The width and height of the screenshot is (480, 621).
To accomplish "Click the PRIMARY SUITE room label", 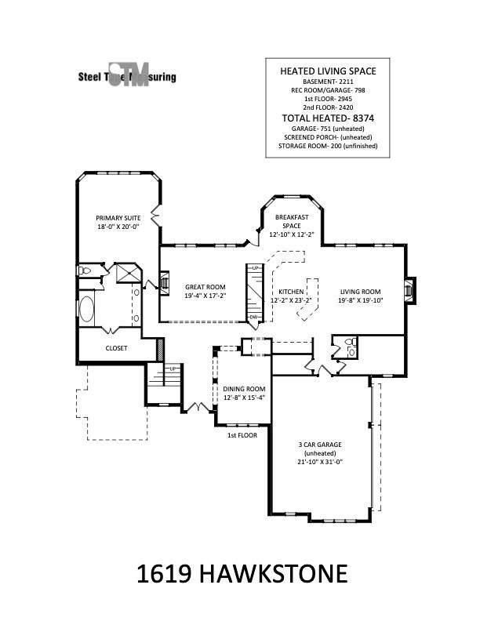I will [118, 217].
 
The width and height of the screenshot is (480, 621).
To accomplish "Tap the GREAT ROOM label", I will [205, 287].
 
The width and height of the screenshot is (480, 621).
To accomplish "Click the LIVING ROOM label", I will [360, 291].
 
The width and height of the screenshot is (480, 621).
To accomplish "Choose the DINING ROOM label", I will [245, 389].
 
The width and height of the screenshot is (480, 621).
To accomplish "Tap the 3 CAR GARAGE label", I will [319, 445].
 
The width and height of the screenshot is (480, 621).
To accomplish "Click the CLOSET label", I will [117, 348].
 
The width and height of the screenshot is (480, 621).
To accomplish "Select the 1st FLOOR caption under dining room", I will [242, 435].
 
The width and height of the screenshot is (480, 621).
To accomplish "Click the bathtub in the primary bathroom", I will [88, 310].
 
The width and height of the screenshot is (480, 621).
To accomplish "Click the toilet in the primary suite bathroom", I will [85, 271].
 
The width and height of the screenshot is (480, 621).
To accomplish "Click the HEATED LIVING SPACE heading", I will [329, 71].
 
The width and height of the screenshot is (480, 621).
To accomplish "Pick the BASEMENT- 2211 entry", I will [329, 82].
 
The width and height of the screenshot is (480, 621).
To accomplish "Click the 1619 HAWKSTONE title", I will [242, 574].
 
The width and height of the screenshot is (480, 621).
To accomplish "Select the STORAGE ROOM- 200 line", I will [329, 146].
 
